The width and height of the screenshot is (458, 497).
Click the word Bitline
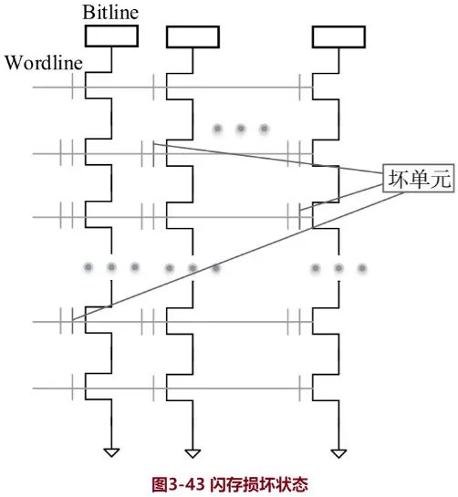111,13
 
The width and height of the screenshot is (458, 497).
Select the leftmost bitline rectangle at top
111,36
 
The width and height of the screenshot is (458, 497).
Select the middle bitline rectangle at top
192,36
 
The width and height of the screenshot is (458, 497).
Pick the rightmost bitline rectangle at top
338,36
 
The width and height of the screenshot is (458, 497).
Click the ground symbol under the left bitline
111,451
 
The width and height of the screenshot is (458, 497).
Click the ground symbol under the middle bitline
192,451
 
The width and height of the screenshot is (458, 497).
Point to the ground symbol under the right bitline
338,451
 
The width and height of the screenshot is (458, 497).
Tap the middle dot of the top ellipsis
241,129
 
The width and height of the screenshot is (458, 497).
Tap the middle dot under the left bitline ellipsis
111,267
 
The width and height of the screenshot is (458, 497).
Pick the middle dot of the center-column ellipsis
193,268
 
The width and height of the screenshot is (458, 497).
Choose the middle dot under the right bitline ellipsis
338,268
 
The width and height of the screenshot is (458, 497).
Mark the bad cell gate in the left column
69,321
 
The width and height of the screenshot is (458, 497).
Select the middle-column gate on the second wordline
149,153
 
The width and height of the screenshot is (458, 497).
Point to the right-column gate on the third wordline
296,216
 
